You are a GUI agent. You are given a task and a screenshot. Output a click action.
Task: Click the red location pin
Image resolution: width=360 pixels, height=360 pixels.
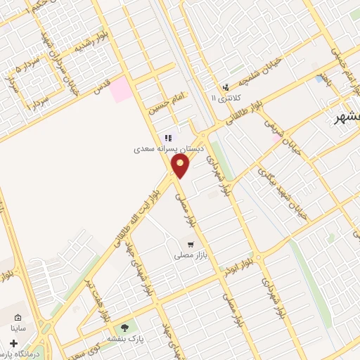pyautogui.click(x=181, y=165)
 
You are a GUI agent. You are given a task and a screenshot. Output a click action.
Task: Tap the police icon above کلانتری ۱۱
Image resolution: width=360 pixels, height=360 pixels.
pyautogui.click(x=225, y=87)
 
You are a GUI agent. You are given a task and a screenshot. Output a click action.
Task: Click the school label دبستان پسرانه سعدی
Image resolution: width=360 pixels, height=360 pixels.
pyautogui.click(x=169, y=149)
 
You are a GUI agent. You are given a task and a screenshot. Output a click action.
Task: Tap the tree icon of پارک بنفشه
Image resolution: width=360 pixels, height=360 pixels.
pyautogui.click(x=125, y=328)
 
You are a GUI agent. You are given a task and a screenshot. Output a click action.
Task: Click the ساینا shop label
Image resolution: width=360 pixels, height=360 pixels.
pyautogui.click(x=18, y=327)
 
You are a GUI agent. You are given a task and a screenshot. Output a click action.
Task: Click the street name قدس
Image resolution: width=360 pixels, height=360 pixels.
pyautogui.click(x=103, y=87)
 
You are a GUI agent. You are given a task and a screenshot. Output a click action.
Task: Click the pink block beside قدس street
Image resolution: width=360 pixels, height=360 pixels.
pyautogui.click(x=120, y=89)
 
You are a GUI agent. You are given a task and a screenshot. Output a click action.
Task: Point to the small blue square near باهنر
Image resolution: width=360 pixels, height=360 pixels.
pyautogui.click(x=319, y=79)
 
